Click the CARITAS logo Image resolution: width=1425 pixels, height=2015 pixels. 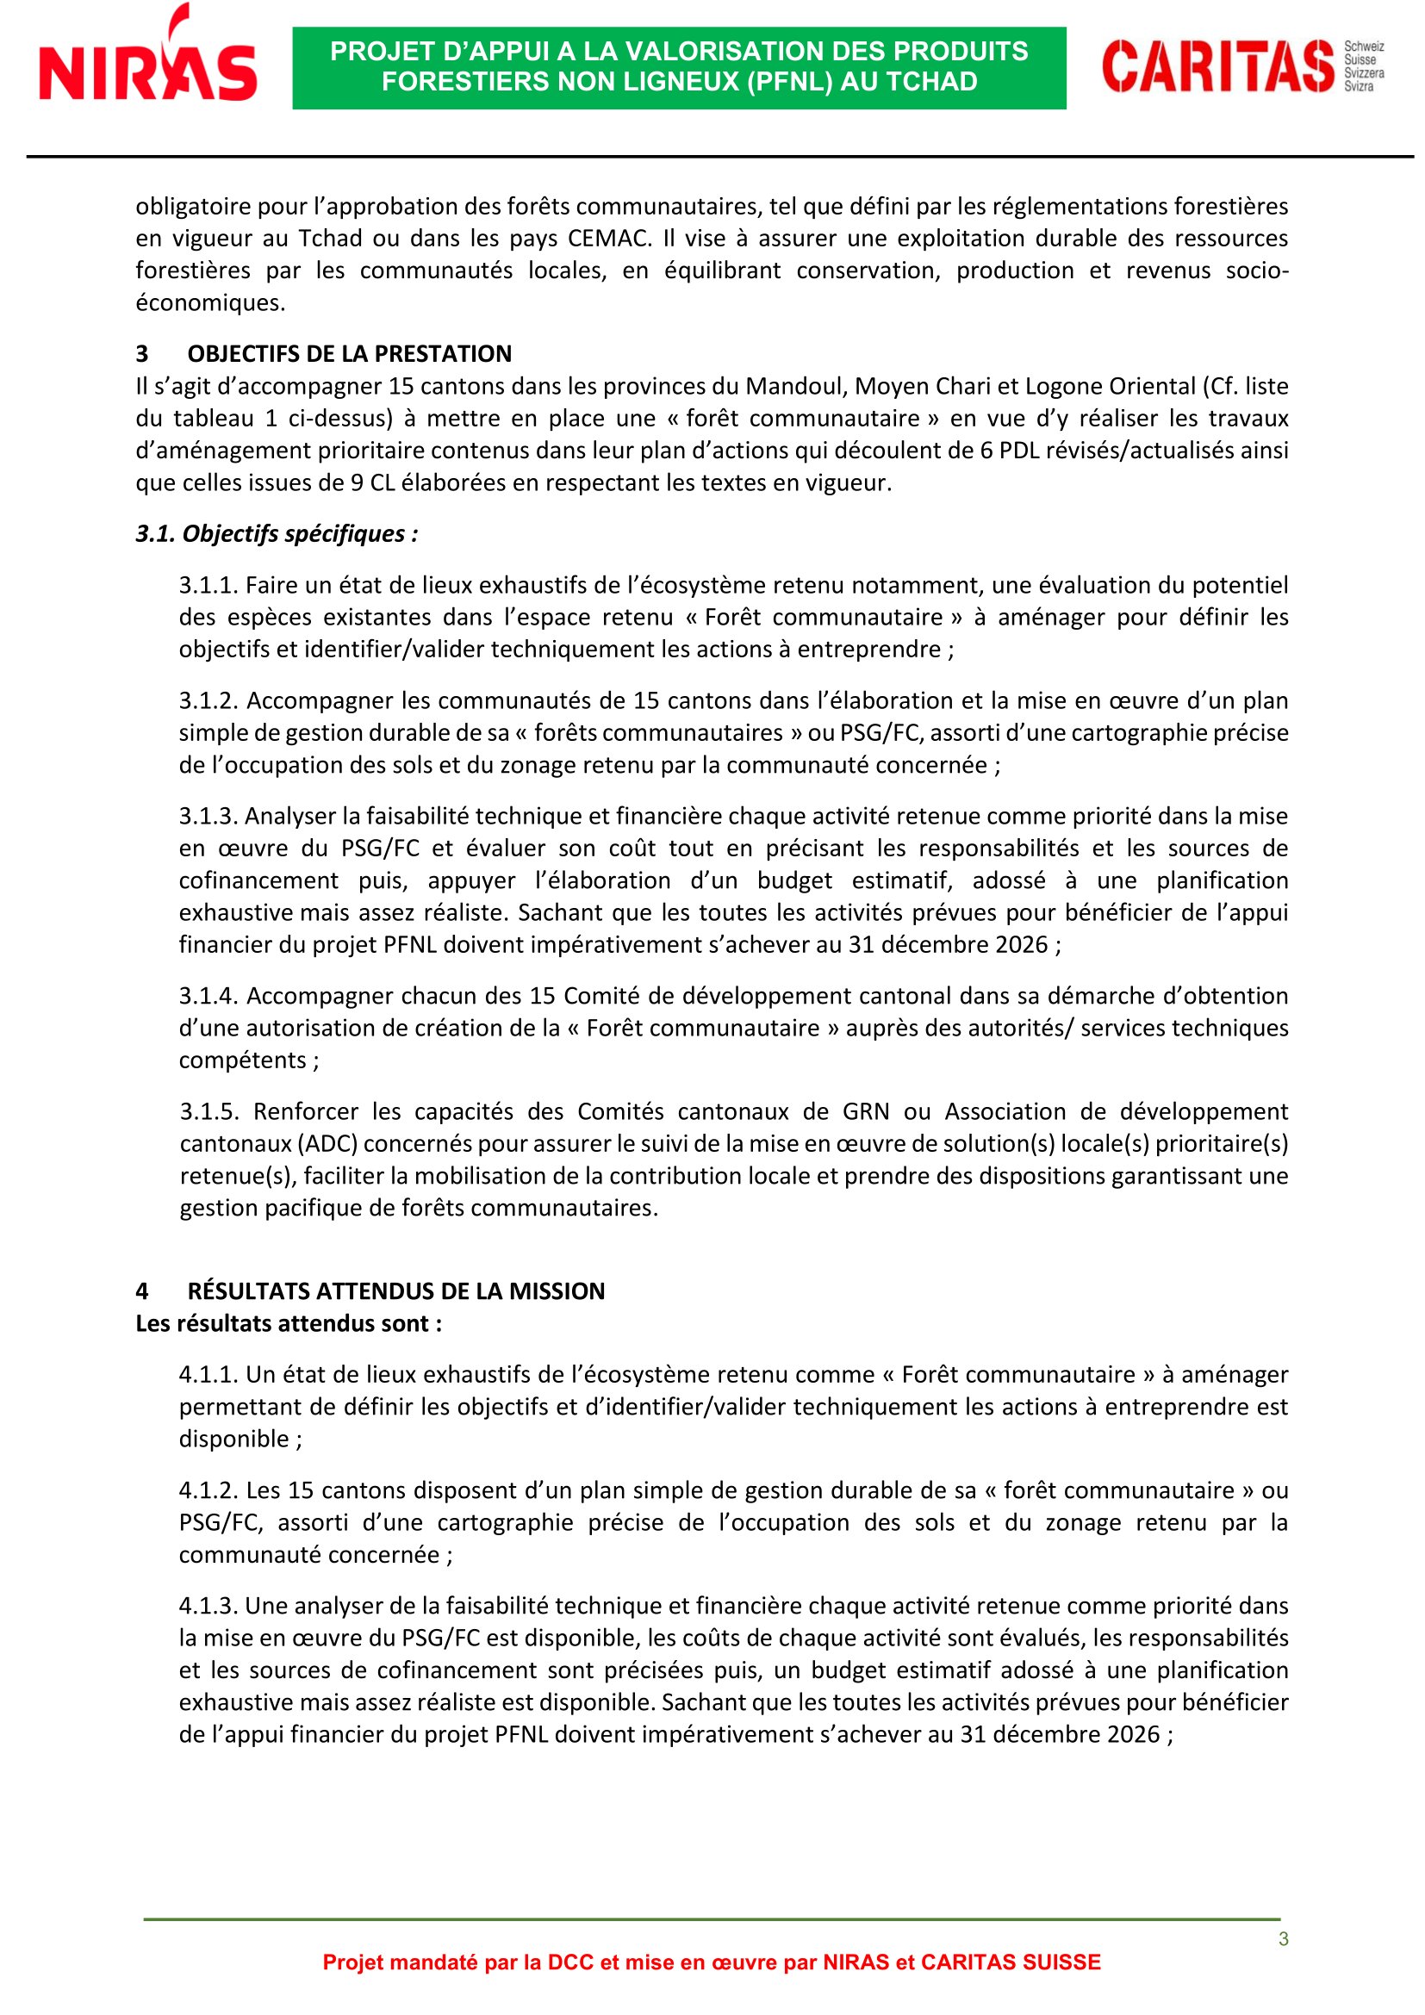tap(1241, 65)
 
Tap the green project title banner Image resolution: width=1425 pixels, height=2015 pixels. tap(679, 67)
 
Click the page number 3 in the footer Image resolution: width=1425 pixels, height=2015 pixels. tap(1283, 1938)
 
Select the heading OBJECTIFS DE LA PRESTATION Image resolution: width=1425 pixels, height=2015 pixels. tap(349, 354)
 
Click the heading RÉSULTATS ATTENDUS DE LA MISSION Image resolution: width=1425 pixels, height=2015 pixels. tap(395, 1291)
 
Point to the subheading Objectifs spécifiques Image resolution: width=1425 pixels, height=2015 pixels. tap(277, 533)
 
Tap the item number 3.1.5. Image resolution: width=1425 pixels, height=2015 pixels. tap(209, 1112)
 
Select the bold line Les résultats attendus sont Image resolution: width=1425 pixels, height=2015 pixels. tap(289, 1323)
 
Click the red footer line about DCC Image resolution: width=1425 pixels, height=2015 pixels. tap(712, 1962)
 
